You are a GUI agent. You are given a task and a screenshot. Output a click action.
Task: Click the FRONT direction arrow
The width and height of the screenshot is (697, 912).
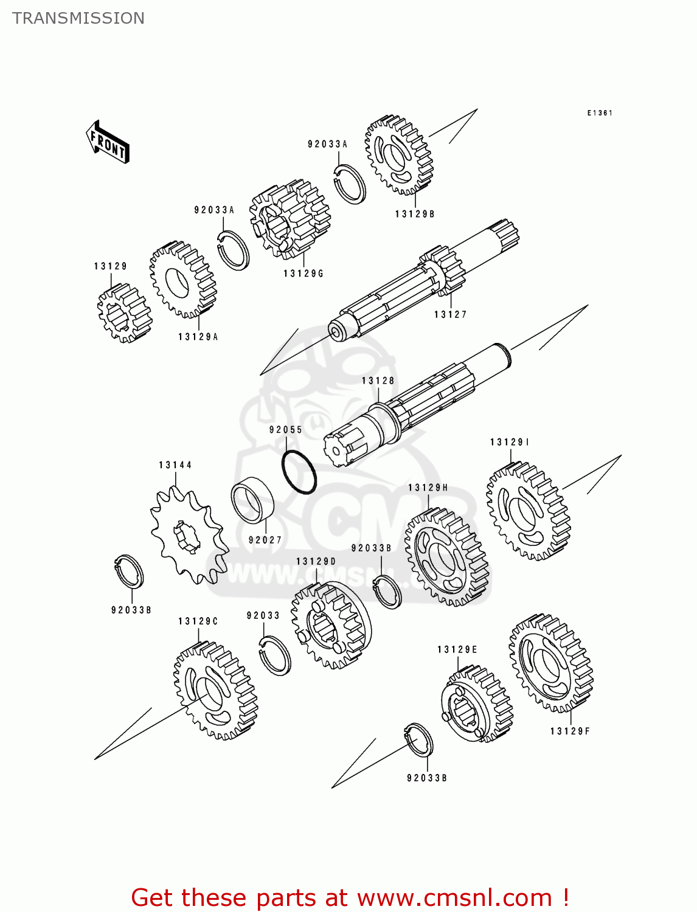107,142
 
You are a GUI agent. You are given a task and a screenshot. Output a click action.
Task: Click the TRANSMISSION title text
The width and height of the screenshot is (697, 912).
78,18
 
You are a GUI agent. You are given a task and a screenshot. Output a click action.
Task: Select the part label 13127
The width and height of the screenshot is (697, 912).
450,314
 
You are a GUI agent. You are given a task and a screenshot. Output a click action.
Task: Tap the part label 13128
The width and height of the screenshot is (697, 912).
378,381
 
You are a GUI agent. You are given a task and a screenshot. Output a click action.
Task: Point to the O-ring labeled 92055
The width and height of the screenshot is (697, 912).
299,472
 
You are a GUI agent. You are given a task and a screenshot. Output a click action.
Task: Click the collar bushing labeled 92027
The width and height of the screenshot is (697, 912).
252,500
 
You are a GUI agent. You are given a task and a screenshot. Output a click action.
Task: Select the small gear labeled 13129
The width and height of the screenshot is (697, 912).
124,313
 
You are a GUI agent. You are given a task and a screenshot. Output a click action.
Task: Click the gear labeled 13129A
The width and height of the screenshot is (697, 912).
182,280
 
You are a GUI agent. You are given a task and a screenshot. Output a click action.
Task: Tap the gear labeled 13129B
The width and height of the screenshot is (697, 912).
398,155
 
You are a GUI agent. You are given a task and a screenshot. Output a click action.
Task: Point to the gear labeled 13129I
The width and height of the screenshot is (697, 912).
527,511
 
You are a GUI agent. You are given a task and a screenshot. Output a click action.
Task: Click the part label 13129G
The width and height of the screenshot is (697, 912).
303,274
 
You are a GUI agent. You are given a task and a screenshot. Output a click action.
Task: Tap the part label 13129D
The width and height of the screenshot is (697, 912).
316,561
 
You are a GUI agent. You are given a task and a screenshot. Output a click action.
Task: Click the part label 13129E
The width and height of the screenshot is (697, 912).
457,650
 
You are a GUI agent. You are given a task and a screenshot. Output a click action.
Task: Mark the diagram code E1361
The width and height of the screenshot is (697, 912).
600,113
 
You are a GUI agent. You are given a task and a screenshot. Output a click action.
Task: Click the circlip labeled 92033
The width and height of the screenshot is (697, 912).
274,654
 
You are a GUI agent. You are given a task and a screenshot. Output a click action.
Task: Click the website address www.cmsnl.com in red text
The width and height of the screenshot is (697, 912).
454,897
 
